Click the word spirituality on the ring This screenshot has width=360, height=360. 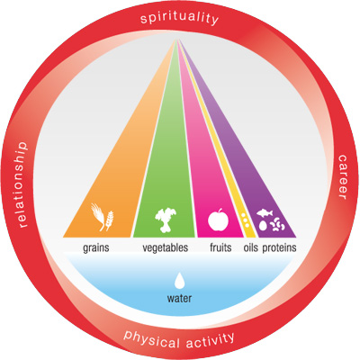[179, 18]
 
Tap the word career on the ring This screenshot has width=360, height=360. [342, 177]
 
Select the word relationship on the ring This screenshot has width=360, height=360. [22, 184]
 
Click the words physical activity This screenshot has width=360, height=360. [179, 340]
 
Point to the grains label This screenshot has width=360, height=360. [96, 248]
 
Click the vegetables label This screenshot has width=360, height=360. [166, 247]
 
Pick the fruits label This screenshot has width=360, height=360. [220, 247]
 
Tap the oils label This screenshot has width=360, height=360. [250, 247]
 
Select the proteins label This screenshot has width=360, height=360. [279, 248]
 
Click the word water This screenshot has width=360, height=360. [179, 298]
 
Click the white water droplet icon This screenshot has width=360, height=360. [179, 280]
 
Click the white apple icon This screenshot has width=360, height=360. [218, 220]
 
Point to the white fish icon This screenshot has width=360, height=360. [265, 213]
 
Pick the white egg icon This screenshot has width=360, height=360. [263, 226]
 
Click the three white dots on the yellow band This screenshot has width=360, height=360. [246, 220]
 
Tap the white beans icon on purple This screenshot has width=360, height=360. [277, 225]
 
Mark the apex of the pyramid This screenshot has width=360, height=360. [177, 40]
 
